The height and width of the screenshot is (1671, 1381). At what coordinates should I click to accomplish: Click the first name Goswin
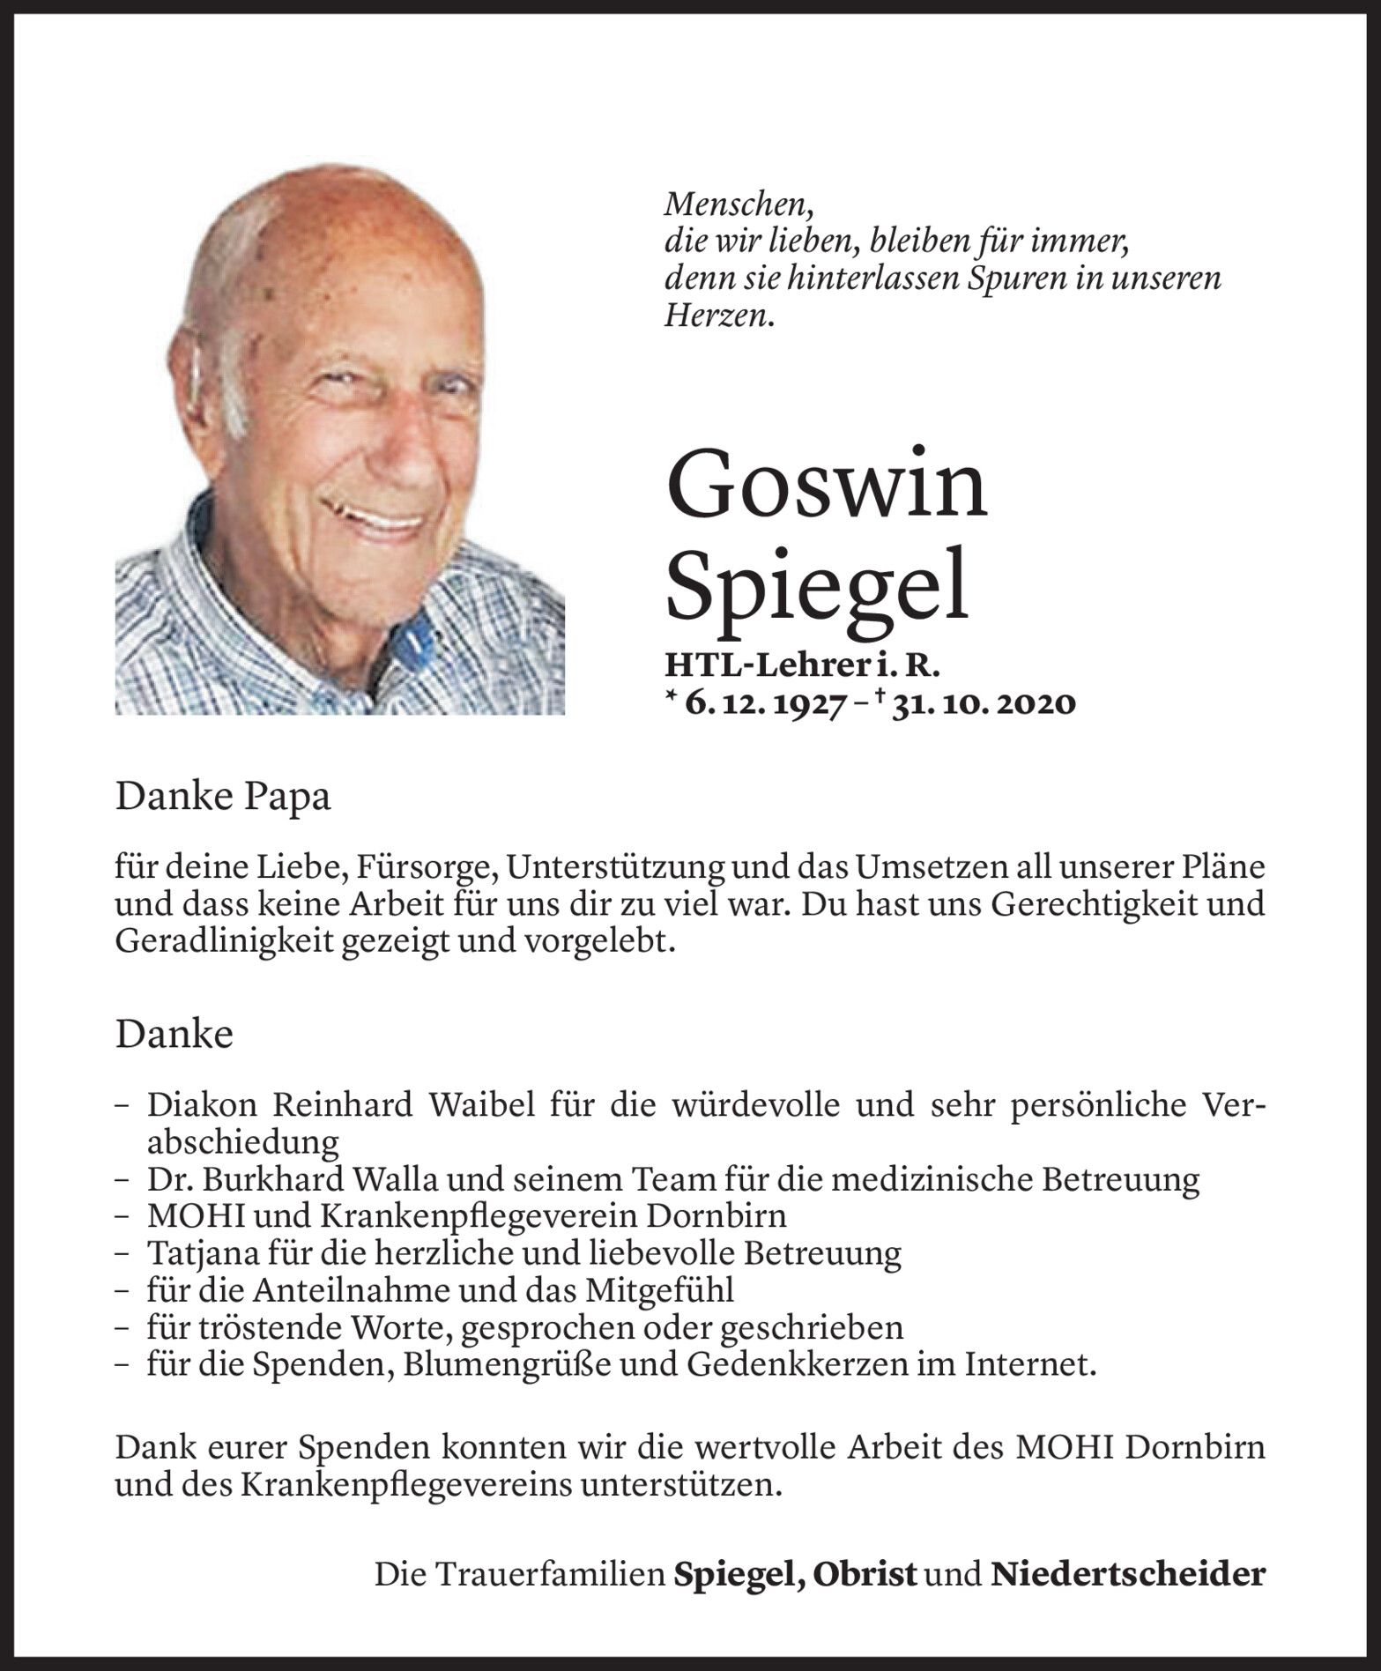point(827,488)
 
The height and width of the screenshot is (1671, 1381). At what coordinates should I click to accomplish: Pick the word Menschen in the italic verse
point(738,205)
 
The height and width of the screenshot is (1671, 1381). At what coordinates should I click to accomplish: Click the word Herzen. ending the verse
point(719,316)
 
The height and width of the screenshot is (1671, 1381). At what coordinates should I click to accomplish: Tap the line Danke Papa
point(223,798)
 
